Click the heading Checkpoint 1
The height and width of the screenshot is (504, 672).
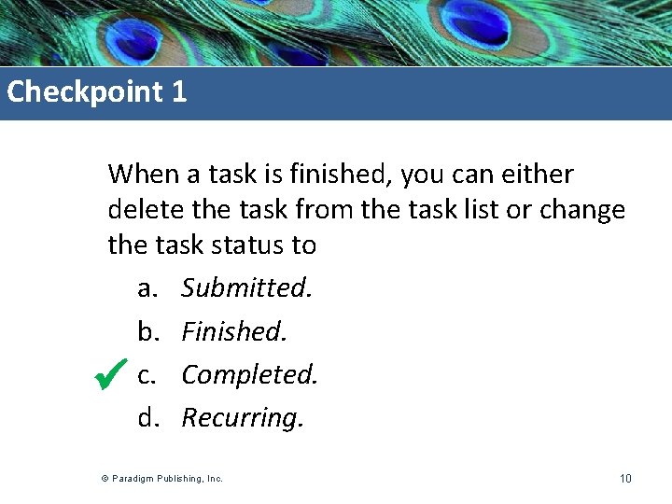point(97,92)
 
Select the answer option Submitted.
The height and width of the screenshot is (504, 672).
point(247,288)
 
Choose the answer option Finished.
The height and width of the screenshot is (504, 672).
point(234,331)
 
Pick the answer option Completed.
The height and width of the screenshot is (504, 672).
point(250,375)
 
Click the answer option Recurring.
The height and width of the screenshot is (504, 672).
point(243,418)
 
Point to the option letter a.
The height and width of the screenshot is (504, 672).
point(147,289)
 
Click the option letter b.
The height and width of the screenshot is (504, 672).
point(147,331)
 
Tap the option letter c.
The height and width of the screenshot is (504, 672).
point(146,375)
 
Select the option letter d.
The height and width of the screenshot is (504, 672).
point(147,418)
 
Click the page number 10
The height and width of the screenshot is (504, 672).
point(625,479)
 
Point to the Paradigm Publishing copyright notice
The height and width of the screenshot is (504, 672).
point(162,479)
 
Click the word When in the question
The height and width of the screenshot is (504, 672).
point(140,175)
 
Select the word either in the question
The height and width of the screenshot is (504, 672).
point(538,175)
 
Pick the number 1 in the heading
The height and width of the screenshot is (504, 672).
point(179,92)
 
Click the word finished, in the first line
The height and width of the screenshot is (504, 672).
point(357,175)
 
